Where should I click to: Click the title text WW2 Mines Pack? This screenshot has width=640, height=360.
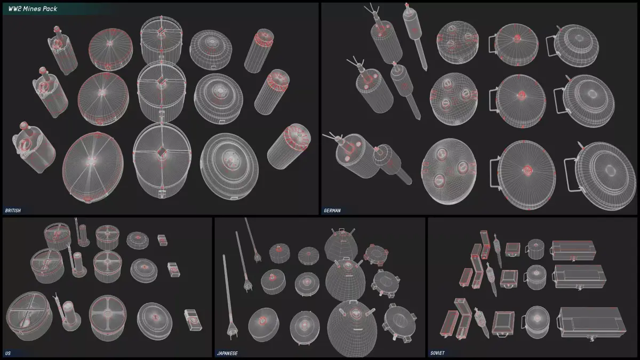(x=33, y=9)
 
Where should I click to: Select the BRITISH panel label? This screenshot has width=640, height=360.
(x=13, y=211)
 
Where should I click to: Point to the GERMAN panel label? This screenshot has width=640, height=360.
(x=332, y=211)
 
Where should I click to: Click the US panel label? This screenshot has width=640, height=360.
(x=7, y=354)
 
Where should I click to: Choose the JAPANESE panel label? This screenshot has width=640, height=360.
(x=227, y=354)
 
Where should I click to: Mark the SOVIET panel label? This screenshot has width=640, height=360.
(x=437, y=353)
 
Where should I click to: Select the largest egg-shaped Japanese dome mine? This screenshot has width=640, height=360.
(x=353, y=329)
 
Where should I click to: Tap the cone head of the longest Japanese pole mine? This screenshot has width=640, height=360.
(x=233, y=329)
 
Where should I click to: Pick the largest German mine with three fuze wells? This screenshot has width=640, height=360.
(x=449, y=171)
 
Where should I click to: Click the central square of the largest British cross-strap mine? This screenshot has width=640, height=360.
(x=162, y=153)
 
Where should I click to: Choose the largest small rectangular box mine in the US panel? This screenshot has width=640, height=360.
(x=193, y=320)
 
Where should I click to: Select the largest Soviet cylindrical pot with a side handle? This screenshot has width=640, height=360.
(x=537, y=322)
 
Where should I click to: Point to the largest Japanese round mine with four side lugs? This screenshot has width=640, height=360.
(x=399, y=323)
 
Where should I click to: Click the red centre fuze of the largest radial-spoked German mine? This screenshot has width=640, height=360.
(x=527, y=170)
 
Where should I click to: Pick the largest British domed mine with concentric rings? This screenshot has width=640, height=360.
(x=229, y=166)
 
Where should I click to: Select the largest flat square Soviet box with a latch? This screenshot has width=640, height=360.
(x=503, y=324)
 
